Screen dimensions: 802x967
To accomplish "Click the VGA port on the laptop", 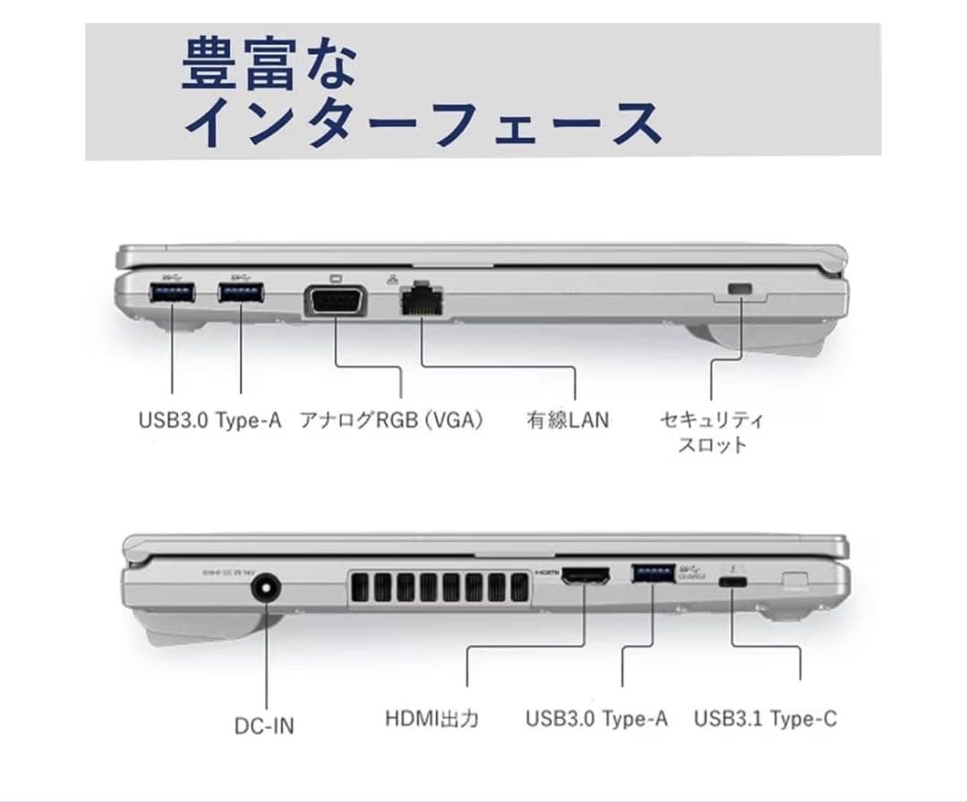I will [337, 302].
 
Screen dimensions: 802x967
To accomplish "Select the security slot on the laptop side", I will [740, 289].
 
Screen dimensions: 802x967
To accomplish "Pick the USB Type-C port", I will [734, 582].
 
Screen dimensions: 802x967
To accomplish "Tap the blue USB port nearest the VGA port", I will [242, 294].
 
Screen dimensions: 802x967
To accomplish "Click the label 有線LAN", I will [567, 419].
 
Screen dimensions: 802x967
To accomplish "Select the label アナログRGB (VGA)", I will [391, 419].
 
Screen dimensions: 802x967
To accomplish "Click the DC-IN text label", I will [264, 724].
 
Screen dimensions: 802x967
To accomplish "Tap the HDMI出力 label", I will [432, 718].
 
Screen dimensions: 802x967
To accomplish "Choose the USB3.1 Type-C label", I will [766, 718].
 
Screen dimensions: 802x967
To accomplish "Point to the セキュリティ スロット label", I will [711, 431].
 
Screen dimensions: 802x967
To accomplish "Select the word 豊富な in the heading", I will [270, 65].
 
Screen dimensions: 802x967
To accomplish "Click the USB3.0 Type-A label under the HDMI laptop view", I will [596, 718].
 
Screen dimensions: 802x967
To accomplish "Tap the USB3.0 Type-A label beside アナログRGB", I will [210, 419].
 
